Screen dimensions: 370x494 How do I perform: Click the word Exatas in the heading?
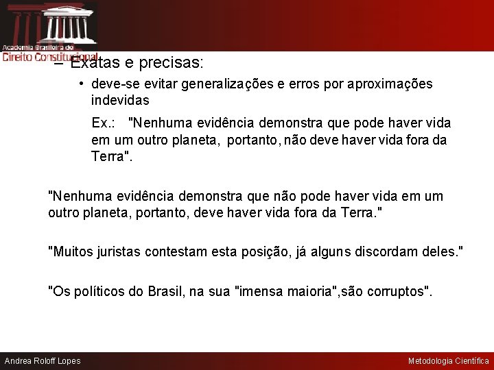point(92,64)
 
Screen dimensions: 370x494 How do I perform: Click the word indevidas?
point(120,100)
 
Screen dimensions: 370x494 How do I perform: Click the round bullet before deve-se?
point(81,84)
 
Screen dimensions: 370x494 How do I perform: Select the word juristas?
point(122,252)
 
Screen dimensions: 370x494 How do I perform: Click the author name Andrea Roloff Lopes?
point(43,361)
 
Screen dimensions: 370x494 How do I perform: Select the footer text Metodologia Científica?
point(449,361)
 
